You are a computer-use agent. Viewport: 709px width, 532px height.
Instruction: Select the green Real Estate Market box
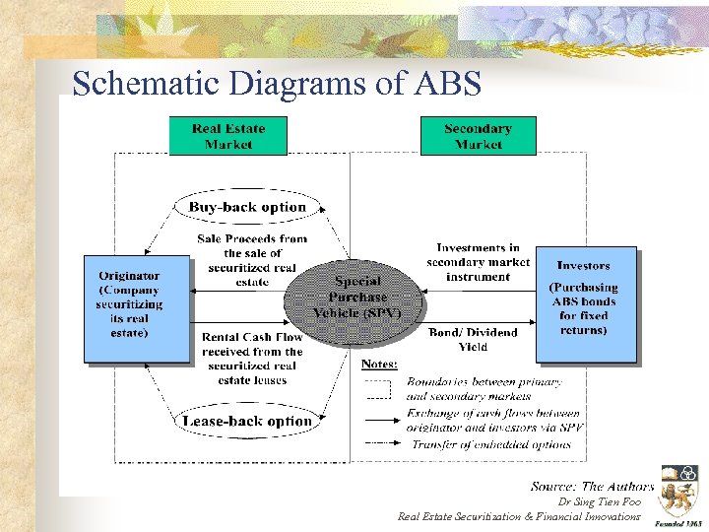tap(227, 136)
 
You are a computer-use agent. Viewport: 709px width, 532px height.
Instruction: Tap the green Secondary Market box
tap(478, 136)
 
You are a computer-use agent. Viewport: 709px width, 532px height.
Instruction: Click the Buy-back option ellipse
tap(247, 207)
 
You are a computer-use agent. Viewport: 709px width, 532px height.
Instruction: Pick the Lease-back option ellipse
tap(247, 421)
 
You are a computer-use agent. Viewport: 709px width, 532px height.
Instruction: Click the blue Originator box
tap(136, 305)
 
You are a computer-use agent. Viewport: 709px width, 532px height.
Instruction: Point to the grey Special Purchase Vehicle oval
tap(356, 297)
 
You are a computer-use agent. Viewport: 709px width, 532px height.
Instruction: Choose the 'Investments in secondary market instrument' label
tap(478, 262)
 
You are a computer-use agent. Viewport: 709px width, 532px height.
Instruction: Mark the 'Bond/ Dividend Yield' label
tap(473, 340)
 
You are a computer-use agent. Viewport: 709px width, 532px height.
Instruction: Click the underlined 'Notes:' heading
tap(379, 364)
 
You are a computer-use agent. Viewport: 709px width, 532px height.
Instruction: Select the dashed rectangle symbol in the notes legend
tap(379, 388)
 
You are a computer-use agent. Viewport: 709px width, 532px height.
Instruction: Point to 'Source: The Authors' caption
tap(591, 486)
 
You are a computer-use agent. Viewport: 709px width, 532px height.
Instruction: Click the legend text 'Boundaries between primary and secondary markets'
tap(484, 388)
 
